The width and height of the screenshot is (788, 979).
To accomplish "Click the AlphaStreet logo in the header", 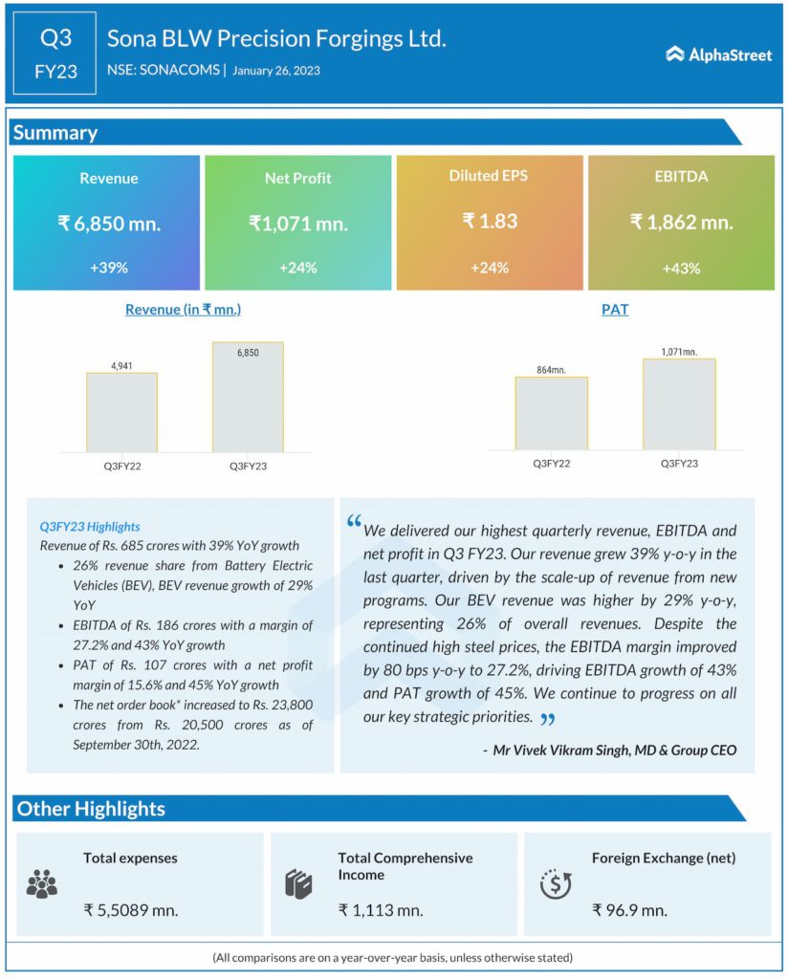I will click(718, 54).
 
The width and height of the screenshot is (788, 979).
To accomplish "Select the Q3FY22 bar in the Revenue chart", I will click(121, 412).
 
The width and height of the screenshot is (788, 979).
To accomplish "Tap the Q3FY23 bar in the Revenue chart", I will click(248, 397).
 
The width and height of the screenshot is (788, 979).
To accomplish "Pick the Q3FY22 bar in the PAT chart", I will click(551, 413).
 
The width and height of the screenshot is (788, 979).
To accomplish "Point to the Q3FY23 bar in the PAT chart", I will click(679, 404).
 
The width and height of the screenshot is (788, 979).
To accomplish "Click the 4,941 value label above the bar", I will click(121, 364).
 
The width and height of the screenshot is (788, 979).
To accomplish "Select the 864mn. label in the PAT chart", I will click(551, 368).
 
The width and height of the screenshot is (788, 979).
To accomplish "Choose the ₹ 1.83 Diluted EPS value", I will click(490, 221).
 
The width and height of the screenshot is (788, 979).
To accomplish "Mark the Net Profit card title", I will click(297, 179).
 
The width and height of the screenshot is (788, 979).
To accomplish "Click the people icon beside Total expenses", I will click(42, 884).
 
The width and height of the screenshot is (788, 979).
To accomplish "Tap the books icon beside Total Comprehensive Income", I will click(298, 883).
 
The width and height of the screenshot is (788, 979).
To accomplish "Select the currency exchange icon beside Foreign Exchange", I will click(556, 884).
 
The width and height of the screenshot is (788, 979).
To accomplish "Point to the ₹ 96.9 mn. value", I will click(629, 910).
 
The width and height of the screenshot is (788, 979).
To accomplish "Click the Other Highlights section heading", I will click(91, 809).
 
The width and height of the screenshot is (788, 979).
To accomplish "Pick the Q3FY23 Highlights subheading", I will click(90, 526).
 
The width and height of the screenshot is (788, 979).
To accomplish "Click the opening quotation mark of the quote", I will click(354, 522).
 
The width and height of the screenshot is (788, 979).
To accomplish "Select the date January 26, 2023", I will click(275, 70).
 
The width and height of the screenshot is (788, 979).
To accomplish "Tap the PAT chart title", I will click(614, 310).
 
